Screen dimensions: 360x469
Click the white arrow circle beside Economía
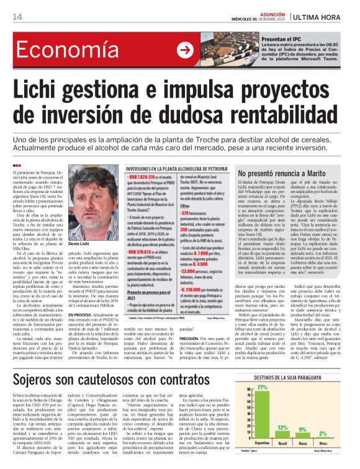click(184, 51)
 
